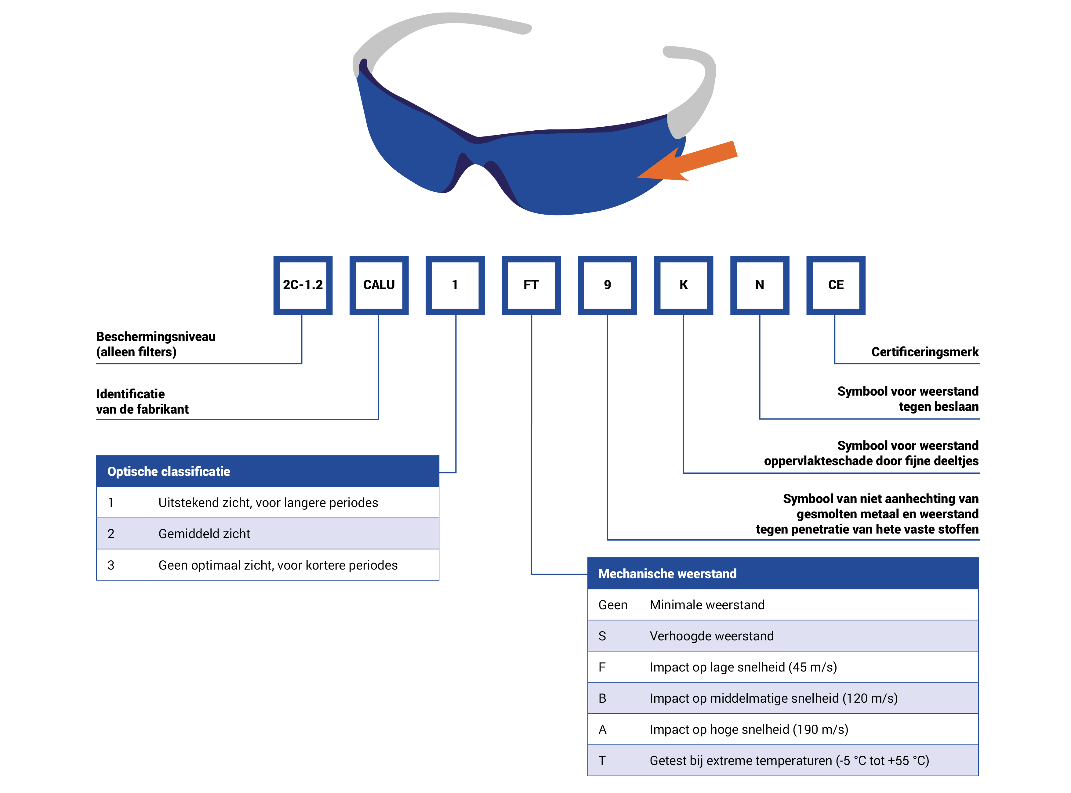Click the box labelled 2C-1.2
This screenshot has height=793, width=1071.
click(x=303, y=285)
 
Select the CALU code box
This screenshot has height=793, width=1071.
click(x=379, y=285)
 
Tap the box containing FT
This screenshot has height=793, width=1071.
click(x=531, y=285)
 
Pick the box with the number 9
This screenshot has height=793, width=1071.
click(x=607, y=285)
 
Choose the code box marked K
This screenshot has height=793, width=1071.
click(x=683, y=285)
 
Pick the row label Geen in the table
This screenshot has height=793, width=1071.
click(x=612, y=605)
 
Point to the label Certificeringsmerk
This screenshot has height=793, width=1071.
click(x=924, y=352)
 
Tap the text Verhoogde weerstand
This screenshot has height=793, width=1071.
click(x=711, y=636)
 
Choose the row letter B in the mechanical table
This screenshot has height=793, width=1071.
click(x=602, y=698)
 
